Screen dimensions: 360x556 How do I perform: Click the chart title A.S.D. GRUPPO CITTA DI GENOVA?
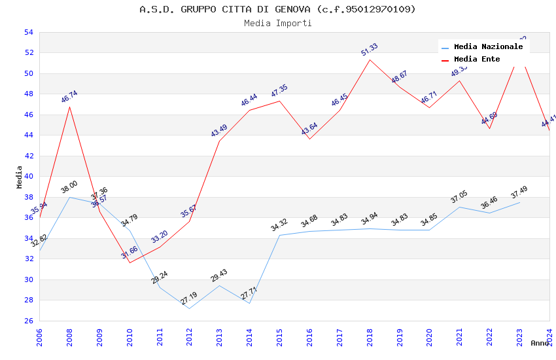(277, 9)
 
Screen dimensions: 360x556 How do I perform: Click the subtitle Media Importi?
(277, 23)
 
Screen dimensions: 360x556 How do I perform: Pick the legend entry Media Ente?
(477, 59)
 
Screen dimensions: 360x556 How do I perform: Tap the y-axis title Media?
(20, 177)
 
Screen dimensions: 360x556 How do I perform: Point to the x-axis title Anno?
(540, 343)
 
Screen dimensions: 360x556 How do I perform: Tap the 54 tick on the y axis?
(28, 32)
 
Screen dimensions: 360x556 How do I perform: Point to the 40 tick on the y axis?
(28, 176)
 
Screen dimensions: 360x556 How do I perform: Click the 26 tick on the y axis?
(28, 321)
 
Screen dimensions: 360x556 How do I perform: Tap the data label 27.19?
(189, 298)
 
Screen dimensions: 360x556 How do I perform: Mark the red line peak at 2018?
(370, 60)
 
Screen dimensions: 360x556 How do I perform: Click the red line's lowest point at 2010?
(130, 262)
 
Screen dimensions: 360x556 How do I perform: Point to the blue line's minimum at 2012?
(190, 308)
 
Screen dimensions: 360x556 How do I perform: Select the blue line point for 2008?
(69, 197)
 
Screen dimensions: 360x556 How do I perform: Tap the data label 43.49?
(219, 130)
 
